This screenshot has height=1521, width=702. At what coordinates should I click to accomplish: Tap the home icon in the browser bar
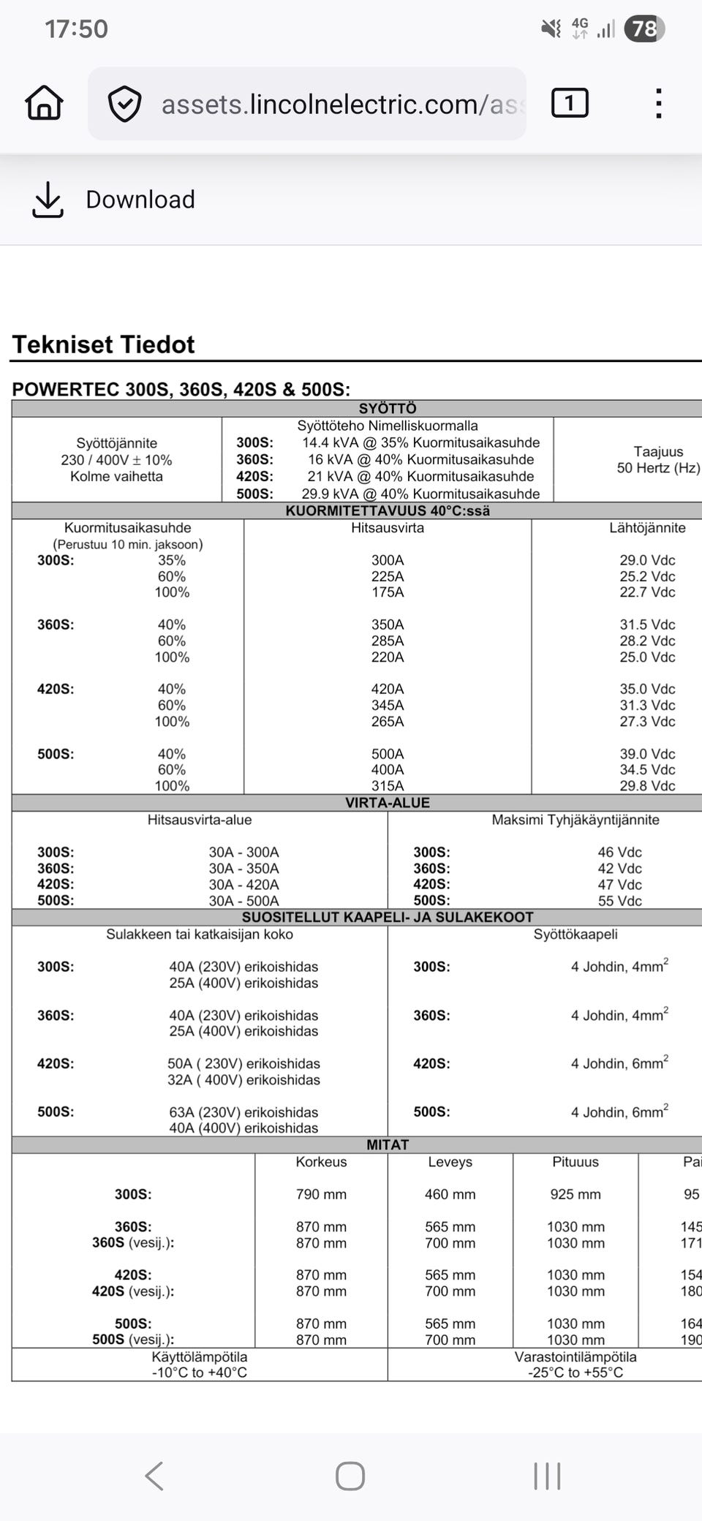click(x=45, y=103)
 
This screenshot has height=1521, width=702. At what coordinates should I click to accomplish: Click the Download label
click(x=140, y=200)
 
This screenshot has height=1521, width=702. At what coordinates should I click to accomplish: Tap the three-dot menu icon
click(x=659, y=103)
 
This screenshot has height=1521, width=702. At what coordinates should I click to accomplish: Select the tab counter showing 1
click(x=570, y=103)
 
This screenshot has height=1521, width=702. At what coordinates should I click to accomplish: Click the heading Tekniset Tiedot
click(x=103, y=344)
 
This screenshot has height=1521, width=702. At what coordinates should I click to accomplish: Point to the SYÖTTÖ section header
click(x=388, y=408)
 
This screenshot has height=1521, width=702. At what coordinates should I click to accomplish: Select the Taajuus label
click(x=658, y=451)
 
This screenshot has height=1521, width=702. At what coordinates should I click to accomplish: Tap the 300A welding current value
click(x=388, y=560)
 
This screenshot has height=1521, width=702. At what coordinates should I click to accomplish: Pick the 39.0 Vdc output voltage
click(x=647, y=754)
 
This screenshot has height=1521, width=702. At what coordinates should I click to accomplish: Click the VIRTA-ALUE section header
click(x=388, y=803)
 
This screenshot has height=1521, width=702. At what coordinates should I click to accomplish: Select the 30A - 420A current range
click(x=244, y=885)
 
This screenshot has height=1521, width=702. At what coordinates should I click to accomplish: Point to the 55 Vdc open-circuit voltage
click(x=619, y=901)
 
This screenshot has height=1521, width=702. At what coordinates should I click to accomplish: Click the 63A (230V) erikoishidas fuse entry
click(x=244, y=1112)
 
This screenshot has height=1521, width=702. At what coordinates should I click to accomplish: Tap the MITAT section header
click(x=388, y=1144)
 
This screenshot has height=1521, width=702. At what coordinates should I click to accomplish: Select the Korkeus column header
click(x=321, y=1162)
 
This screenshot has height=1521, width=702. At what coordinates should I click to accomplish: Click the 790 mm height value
click(x=321, y=1194)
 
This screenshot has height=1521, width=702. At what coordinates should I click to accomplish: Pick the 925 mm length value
click(x=575, y=1194)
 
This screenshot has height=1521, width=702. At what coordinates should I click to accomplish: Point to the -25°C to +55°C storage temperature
click(x=575, y=1373)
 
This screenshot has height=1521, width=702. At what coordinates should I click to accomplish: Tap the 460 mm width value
click(x=450, y=1194)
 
